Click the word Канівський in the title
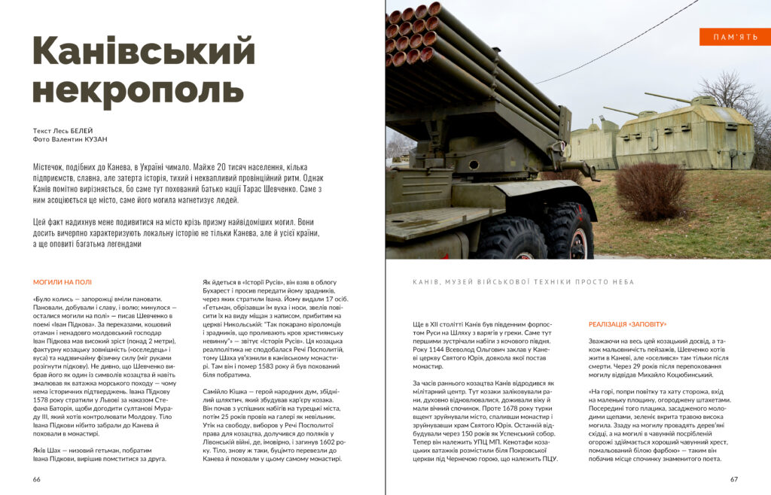(143, 53)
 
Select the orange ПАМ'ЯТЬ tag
(734, 37)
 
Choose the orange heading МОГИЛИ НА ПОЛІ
(62, 283)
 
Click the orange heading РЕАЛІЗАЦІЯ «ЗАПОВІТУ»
(627, 324)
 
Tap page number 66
(37, 479)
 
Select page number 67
(734, 479)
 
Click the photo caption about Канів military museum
(523, 282)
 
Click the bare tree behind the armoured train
(734, 94)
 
